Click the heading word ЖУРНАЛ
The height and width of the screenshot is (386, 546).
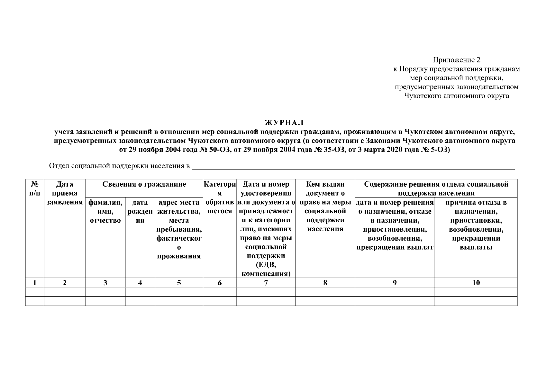(284, 123)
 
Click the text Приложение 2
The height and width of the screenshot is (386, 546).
(456, 60)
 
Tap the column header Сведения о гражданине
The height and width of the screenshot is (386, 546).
(144, 184)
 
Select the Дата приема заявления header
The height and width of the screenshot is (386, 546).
(65, 193)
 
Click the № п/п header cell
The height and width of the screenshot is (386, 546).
(35, 189)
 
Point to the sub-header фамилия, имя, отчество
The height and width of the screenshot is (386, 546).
(105, 211)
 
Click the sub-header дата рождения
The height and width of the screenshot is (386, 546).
(140, 211)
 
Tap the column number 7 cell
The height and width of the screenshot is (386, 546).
(266, 283)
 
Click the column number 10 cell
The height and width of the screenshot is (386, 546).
(476, 283)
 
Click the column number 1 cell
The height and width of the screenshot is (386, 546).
(35, 283)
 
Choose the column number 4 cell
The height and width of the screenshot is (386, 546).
(140, 283)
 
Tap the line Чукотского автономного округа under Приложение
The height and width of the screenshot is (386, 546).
(456, 96)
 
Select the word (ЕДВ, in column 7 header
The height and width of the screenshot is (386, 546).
(266, 265)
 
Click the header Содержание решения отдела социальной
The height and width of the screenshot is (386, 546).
(436, 184)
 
